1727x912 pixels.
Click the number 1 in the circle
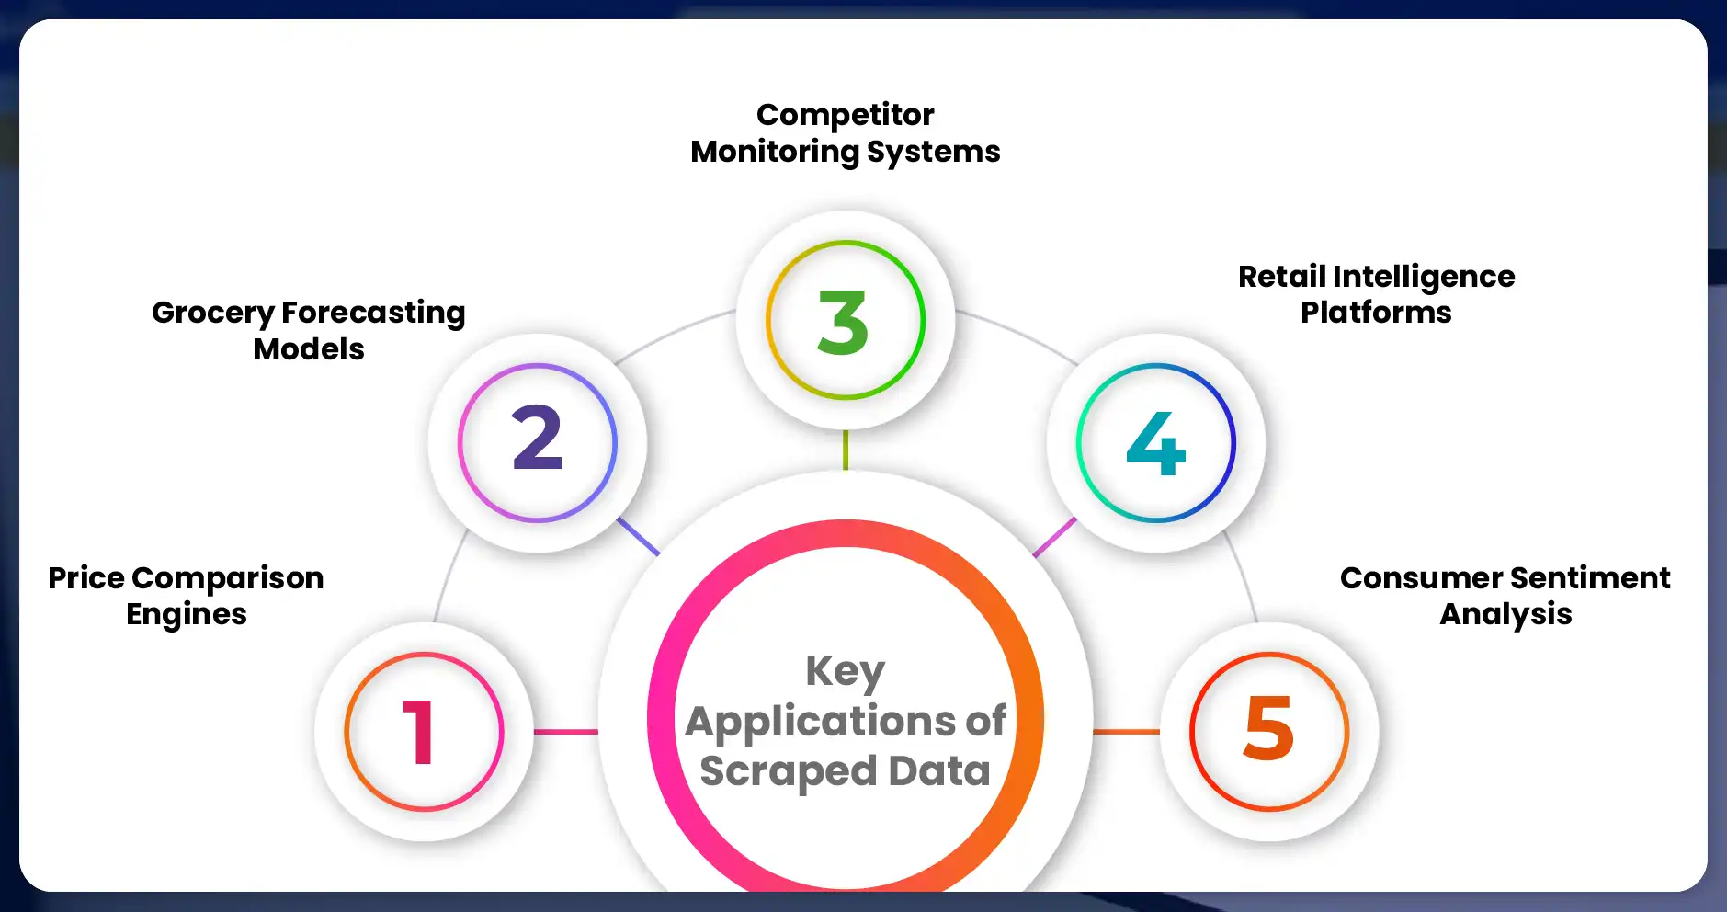click(x=419, y=732)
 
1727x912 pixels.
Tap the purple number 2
click(x=537, y=439)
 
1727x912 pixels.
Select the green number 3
click(x=843, y=323)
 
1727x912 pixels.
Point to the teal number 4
click(x=1156, y=444)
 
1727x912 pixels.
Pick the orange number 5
click(x=1268, y=728)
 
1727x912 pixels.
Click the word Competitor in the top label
click(x=845, y=115)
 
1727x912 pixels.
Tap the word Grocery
click(x=212, y=313)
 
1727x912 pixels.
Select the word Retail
click(x=1281, y=276)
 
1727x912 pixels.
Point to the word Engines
click(x=187, y=615)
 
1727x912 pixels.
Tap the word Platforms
click(x=1376, y=313)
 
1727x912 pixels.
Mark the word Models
click(x=309, y=349)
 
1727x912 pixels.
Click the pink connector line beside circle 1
click(x=565, y=732)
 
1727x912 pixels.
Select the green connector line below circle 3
click(x=845, y=450)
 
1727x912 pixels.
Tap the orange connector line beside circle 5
click(x=1126, y=732)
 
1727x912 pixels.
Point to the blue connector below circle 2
click(x=638, y=536)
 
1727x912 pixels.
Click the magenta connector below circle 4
click(x=1054, y=537)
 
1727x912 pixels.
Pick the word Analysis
click(x=1505, y=614)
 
